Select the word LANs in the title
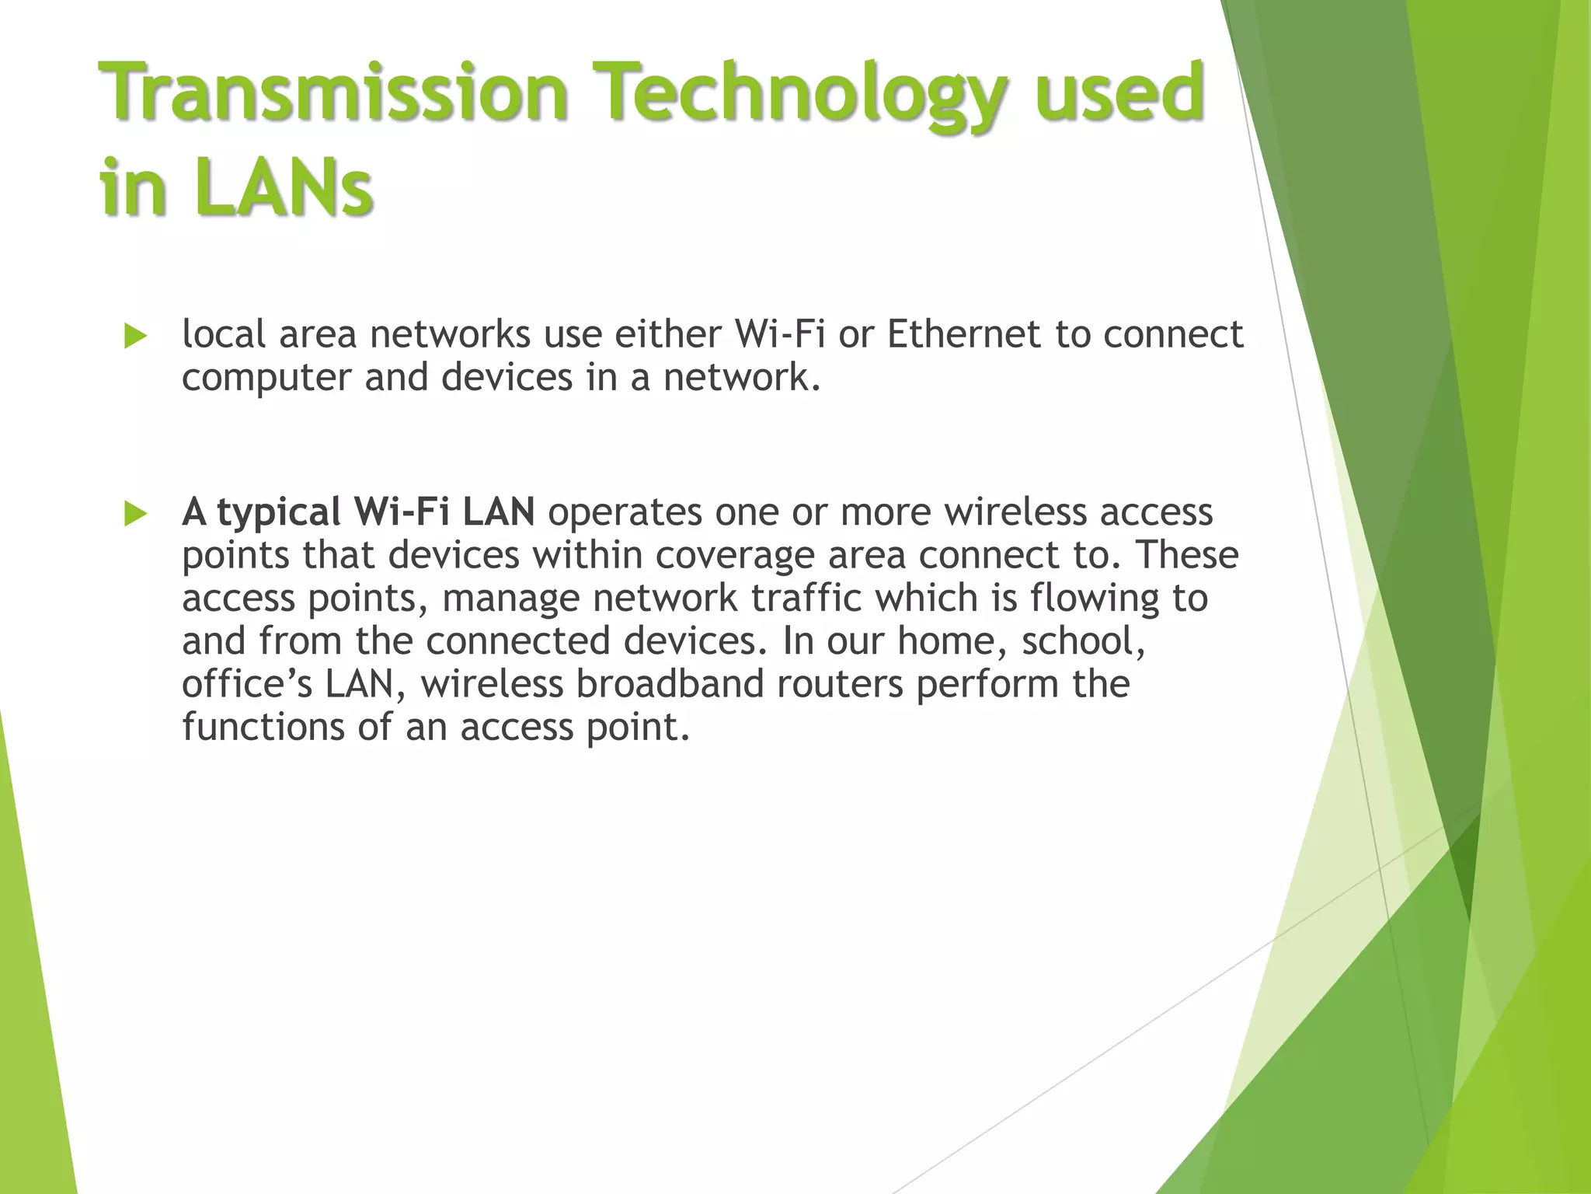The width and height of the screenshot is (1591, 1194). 283,187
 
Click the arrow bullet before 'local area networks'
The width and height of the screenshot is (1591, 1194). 135,337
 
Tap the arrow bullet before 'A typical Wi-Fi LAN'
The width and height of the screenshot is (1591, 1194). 135,515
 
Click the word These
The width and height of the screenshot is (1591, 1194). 1186,555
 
